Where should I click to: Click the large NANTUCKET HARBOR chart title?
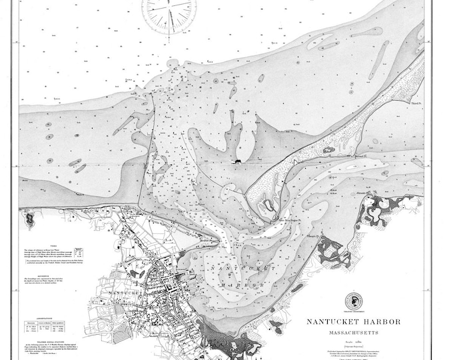point(353,321)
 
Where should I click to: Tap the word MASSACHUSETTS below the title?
point(353,332)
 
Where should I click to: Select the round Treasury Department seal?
point(353,301)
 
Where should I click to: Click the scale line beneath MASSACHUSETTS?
point(353,340)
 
